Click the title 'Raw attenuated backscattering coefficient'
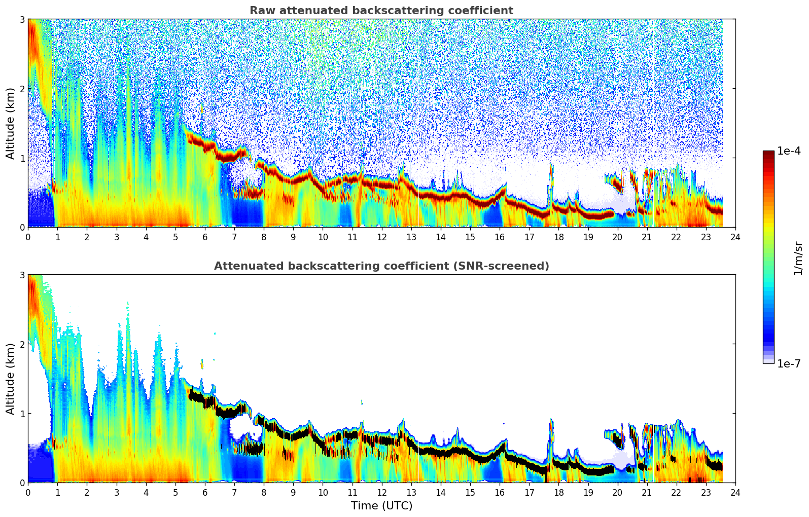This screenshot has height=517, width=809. (x=381, y=11)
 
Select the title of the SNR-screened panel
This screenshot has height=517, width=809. (x=381, y=266)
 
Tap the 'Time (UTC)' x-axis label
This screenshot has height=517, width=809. (x=381, y=506)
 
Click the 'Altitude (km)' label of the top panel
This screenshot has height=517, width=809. (x=10, y=123)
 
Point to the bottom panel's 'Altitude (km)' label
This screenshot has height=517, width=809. (x=10, y=379)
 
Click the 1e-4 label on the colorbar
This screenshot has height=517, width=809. (x=789, y=151)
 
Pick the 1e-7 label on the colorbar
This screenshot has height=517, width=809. (x=789, y=364)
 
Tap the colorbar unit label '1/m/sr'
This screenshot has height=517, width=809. (x=798, y=258)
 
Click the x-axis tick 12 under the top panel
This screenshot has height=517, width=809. (x=381, y=237)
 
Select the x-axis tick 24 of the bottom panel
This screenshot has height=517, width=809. (x=735, y=492)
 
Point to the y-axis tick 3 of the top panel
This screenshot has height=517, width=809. (x=22, y=19)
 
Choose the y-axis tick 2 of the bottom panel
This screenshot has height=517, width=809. (x=22, y=344)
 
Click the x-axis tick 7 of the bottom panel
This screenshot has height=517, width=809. (x=234, y=492)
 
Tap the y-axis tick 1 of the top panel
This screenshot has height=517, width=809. (x=22, y=158)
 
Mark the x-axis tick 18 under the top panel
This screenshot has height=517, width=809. (x=558, y=237)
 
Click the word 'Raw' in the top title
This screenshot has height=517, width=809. (x=260, y=11)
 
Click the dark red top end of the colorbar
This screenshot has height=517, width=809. (x=768, y=153)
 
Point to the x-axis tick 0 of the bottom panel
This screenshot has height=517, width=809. (x=28, y=492)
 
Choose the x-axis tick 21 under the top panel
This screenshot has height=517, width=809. (x=647, y=237)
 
